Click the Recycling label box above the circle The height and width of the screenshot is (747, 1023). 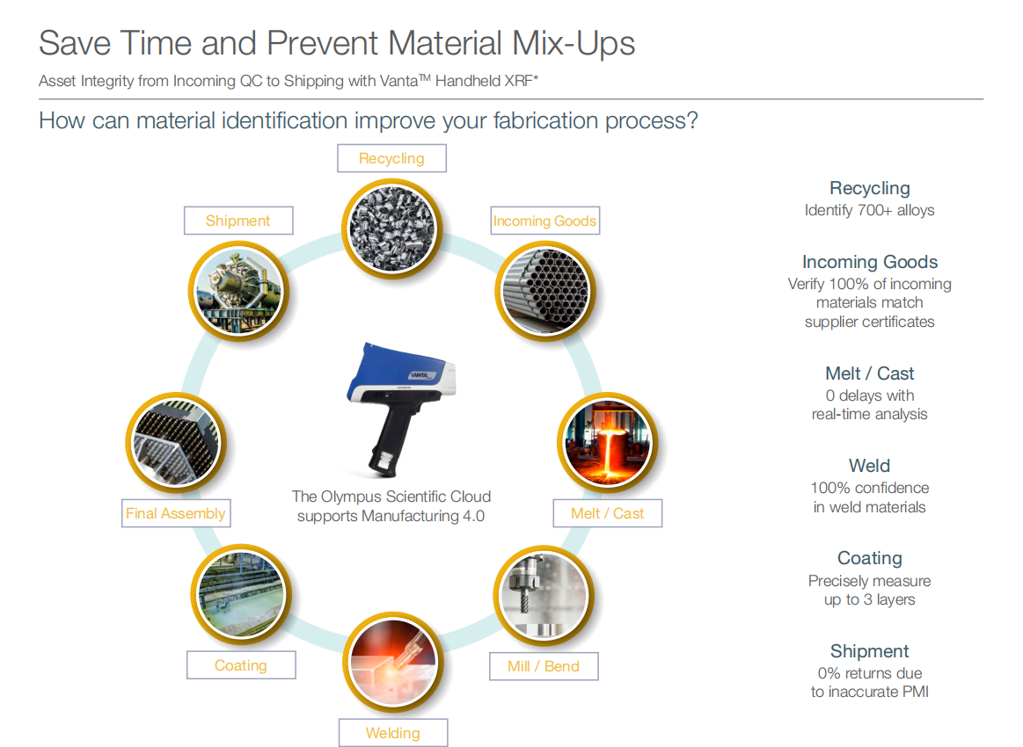pyautogui.click(x=391, y=158)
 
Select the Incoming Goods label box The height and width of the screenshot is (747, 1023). pyautogui.click(x=544, y=221)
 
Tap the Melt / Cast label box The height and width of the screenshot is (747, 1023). pyautogui.click(x=608, y=513)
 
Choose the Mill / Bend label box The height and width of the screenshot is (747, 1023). pyautogui.click(x=544, y=666)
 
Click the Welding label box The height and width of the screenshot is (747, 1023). pyautogui.click(x=393, y=733)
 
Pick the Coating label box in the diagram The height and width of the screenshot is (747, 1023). pyautogui.click(x=241, y=665)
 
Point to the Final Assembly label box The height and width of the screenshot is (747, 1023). pyautogui.click(x=176, y=513)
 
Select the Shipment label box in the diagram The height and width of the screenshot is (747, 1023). pyautogui.click(x=238, y=221)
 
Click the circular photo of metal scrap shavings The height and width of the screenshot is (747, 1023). pyautogui.click(x=392, y=228)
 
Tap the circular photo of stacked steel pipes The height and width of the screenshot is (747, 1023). pyautogui.click(x=545, y=292)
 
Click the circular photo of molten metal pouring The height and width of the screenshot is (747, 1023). pyautogui.click(x=608, y=443)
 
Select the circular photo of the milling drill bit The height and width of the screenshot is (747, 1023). pyautogui.click(x=544, y=596)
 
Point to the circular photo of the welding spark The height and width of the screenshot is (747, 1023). pyautogui.click(x=393, y=663)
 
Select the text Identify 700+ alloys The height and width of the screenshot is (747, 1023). pyautogui.click(x=869, y=211)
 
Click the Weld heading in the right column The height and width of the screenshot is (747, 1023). pyautogui.click(x=869, y=466)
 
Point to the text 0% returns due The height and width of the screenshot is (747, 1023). pyautogui.click(x=870, y=673)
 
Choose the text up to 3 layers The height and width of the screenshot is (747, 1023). pyautogui.click(x=870, y=599)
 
